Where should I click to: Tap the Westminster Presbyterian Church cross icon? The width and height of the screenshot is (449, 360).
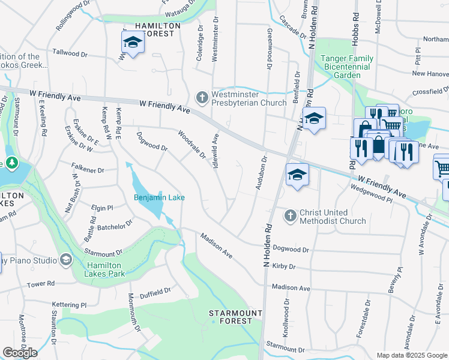202,97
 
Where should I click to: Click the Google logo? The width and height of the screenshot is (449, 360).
20,353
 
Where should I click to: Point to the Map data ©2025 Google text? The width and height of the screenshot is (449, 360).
411,355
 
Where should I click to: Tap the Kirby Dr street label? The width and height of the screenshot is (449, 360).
284,266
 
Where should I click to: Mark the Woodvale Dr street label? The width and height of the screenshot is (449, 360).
192,145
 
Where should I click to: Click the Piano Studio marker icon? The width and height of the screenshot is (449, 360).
65,260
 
